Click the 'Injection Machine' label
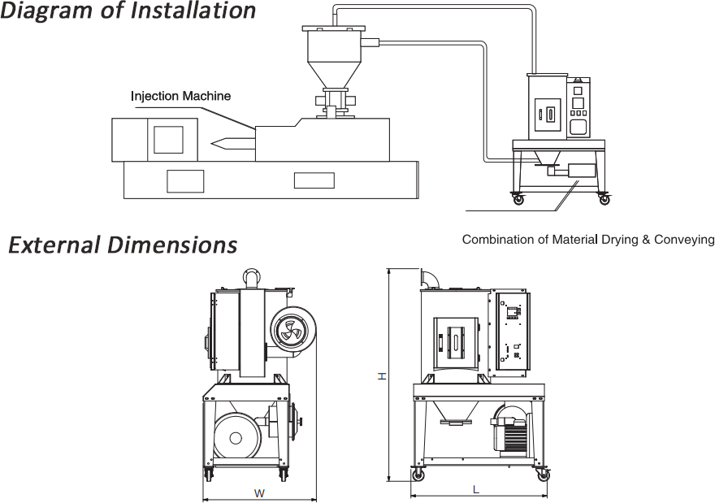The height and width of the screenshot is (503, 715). click(180, 96)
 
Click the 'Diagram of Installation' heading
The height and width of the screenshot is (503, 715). click(128, 11)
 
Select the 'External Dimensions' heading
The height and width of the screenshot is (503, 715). click(123, 245)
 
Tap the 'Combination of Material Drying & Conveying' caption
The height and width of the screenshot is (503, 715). click(587, 240)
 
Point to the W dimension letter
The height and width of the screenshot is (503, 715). click(259, 492)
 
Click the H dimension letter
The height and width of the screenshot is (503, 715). click(381, 375)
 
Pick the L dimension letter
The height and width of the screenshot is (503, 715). click(476, 489)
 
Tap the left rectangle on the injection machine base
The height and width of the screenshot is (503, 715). click(184, 180)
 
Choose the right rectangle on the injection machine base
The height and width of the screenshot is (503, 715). click(314, 180)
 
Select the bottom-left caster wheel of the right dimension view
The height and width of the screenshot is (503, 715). click(418, 475)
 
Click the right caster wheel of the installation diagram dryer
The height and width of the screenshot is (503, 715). click(603, 198)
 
